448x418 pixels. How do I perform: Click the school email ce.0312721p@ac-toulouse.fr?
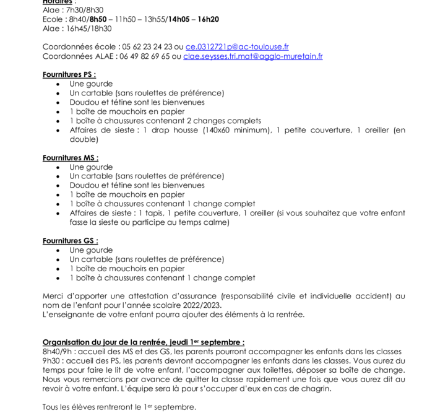coord(237,47)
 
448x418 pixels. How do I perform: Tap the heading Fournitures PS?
coord(69,74)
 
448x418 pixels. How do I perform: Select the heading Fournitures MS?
coord(70,158)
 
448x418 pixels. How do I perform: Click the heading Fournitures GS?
coord(70,241)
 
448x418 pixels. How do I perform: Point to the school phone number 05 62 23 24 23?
coord(147,47)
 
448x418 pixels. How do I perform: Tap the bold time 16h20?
coord(208,19)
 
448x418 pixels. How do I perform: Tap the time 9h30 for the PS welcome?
coord(52,360)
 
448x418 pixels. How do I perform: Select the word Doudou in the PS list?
coord(84,102)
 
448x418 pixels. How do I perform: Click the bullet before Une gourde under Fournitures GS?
coord(59,251)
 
